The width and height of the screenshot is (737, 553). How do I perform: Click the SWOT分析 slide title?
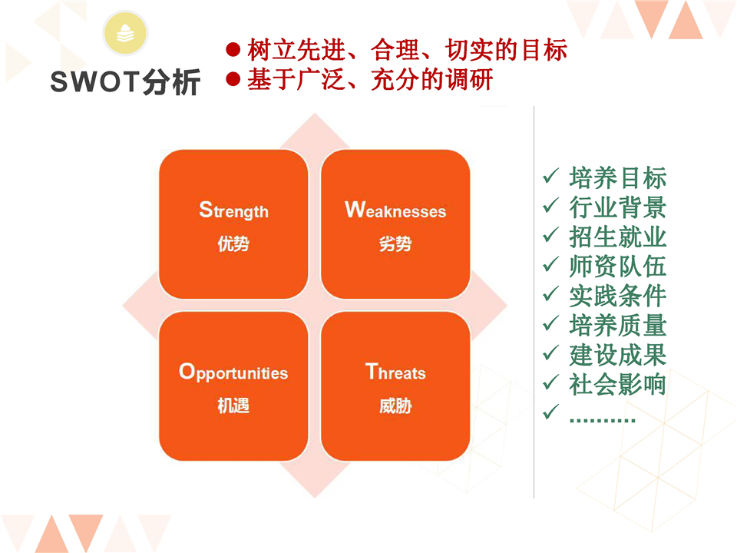(125, 82)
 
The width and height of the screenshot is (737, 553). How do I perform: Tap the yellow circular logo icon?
(125, 33)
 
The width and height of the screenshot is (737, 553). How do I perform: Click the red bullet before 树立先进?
(233, 49)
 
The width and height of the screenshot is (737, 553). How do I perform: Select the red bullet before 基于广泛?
(233, 78)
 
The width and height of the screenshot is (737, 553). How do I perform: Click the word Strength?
(233, 210)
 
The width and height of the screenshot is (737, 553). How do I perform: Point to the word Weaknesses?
(395, 210)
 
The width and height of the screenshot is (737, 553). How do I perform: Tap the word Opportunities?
(233, 372)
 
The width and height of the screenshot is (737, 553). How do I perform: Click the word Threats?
(395, 372)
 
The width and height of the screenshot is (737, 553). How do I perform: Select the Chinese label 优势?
(233, 243)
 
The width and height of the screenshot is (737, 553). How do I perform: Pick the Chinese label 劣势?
(395, 243)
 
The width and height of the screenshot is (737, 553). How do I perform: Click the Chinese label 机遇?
(233, 406)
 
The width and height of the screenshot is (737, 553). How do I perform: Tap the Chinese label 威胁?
(395, 406)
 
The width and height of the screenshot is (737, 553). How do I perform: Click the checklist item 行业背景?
(617, 207)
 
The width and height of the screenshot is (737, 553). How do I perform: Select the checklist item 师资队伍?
(617, 267)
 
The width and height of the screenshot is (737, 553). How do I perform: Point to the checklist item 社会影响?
(617, 384)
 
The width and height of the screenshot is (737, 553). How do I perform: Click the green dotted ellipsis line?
(602, 419)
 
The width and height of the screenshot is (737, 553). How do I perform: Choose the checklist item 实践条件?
(617, 296)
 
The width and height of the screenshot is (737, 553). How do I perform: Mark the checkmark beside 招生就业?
(550, 235)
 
